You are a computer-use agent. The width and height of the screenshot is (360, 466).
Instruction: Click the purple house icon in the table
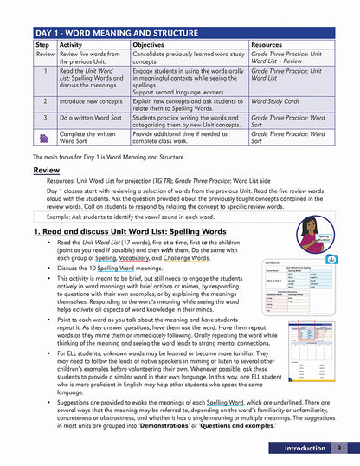click(42, 137)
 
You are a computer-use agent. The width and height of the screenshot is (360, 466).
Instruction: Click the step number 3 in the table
click(42, 119)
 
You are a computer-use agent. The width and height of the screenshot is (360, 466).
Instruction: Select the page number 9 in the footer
click(339, 448)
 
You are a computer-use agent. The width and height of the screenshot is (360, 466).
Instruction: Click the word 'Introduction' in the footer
click(298, 448)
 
